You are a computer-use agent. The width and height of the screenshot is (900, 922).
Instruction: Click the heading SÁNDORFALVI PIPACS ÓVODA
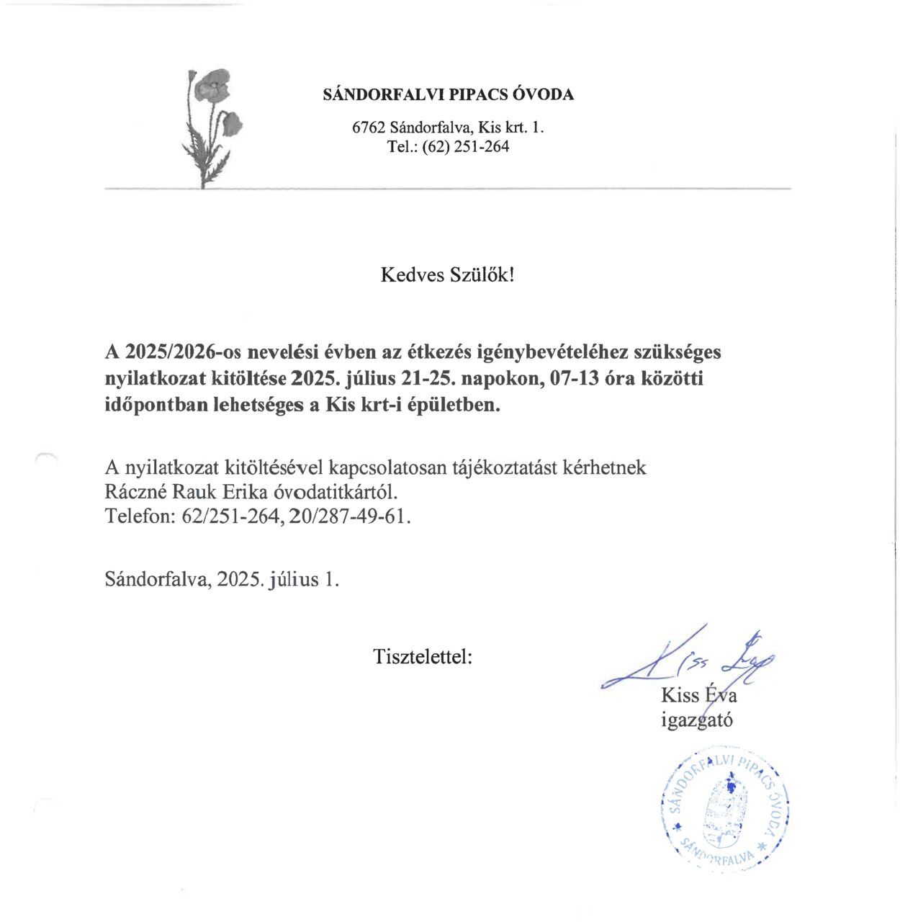449,94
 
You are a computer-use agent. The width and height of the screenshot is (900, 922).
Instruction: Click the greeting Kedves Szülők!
448,275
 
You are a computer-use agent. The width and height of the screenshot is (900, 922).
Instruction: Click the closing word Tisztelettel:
423,656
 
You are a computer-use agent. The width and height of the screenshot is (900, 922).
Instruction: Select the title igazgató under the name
696,720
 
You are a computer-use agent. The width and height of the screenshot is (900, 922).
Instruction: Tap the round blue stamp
724,810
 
